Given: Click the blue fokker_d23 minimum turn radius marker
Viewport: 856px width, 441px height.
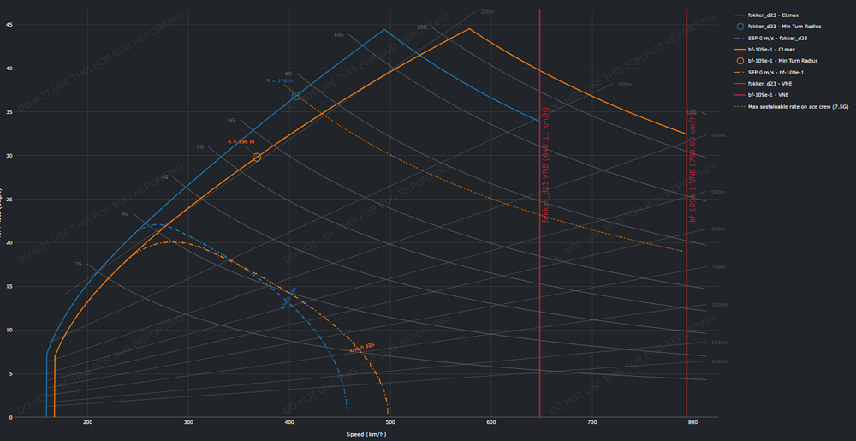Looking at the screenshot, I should click(296, 96).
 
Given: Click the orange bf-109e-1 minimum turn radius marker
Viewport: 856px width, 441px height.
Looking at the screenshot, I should click(257, 158).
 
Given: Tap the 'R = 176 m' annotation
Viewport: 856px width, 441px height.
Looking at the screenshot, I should click(279, 81).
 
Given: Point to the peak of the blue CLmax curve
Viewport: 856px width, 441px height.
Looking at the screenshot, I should click(384, 30).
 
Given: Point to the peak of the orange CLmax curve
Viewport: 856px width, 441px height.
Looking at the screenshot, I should click(469, 29).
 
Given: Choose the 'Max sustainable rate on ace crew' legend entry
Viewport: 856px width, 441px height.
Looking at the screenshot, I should click(797, 107).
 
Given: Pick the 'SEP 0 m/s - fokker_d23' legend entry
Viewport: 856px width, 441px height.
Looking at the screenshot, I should click(777, 39).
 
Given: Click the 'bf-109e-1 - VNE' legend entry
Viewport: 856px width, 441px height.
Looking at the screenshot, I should click(768, 95).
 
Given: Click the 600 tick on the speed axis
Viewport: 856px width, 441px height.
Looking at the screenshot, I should click(491, 423).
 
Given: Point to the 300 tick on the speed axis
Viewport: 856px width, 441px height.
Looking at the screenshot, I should click(188, 423).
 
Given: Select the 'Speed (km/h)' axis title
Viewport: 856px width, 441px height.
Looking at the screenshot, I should click(366, 434).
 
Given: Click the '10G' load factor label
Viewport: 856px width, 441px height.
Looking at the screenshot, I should click(338, 35).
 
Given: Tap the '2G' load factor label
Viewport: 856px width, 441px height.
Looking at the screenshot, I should click(78, 265).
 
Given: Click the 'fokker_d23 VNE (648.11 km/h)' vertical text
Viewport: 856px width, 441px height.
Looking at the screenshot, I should click(546, 163).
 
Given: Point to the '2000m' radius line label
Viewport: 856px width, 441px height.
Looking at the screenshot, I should click(720, 361).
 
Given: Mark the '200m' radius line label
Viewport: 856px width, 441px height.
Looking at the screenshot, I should click(487, 12).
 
